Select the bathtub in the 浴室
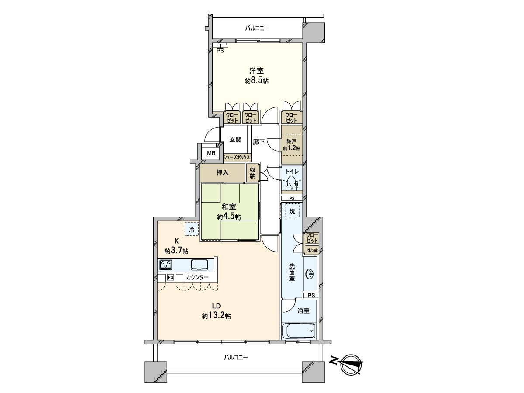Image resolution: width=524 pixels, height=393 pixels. point(299,331)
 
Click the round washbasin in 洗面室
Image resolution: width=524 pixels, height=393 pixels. point(310,274)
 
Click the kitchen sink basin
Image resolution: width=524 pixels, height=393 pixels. point(199,265)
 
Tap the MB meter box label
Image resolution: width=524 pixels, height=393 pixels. point(211,153)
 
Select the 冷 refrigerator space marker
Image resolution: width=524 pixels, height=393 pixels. point(191,229)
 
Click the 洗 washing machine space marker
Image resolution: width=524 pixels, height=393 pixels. point(292,210)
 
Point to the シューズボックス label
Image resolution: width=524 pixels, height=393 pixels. point(237,157)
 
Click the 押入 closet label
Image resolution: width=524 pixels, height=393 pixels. point(222,172)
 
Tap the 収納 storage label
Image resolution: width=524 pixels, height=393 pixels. point(252,173)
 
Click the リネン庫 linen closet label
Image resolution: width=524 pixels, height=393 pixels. point(312,251)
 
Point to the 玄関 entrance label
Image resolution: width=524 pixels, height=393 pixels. point(235,140)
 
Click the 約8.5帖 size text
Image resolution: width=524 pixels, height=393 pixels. point(256,81)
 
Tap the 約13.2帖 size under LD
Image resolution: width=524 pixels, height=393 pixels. point(216,316)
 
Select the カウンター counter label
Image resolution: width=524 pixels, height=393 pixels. point(197,277)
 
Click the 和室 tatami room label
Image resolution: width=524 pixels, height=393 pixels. point(229,207)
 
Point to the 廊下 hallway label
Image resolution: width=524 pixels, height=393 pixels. point(259,142)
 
